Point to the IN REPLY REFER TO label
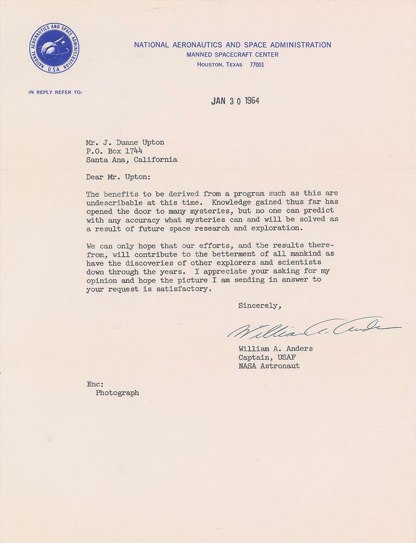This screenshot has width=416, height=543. (x=55, y=92)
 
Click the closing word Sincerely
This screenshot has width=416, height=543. (x=260, y=306)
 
